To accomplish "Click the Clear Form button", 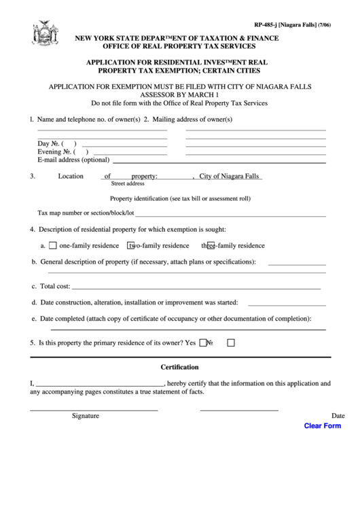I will pos(322,426).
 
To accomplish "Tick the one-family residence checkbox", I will pos(52,246).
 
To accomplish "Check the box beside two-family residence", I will pos(132,246).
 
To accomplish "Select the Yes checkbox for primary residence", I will pos(202,343).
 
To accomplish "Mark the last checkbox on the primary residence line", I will pos(230,343).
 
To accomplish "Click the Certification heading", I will pos(179,367).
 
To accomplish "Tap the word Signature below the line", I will pos(86,415).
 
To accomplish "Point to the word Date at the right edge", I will pos(338,415).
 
